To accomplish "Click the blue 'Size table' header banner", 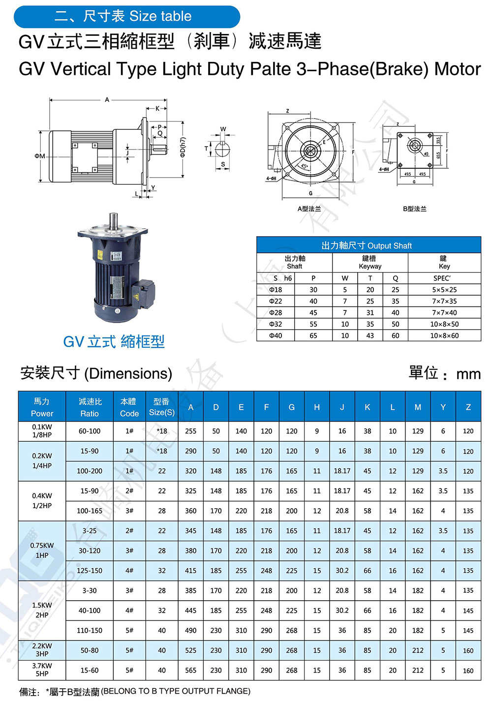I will click(x=126, y=16).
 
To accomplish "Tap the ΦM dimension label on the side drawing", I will click(x=40, y=156).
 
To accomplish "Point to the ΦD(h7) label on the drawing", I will click(x=183, y=147).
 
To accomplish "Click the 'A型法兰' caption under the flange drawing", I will click(x=309, y=209).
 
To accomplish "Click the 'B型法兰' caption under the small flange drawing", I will click(x=414, y=209).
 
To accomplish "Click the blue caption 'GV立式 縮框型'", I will click(x=114, y=341).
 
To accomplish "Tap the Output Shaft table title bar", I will click(x=368, y=245).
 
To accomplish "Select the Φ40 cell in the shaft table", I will click(x=276, y=336).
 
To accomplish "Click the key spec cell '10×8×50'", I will click(x=444, y=324).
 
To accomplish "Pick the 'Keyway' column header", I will click(x=370, y=262).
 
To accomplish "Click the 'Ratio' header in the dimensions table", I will click(x=90, y=407).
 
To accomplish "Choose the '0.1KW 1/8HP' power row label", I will click(x=42, y=431).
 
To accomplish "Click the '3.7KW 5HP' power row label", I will click(x=42, y=670).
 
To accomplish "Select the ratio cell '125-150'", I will click(x=90, y=571).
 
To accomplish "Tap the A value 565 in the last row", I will click(x=190, y=670).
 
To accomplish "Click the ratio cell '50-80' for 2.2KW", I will click(x=90, y=650).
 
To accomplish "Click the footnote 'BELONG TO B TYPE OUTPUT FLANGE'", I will click(x=176, y=691).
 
